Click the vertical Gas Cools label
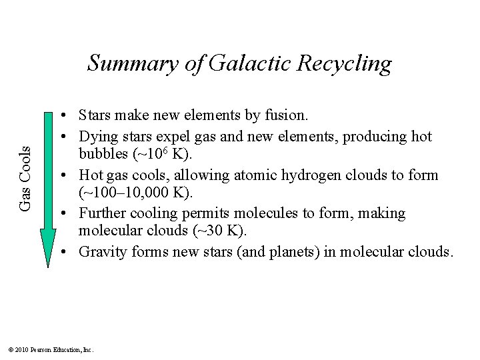tap(25, 179)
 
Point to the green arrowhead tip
tap(48, 265)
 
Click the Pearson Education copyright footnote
tap(51, 349)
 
